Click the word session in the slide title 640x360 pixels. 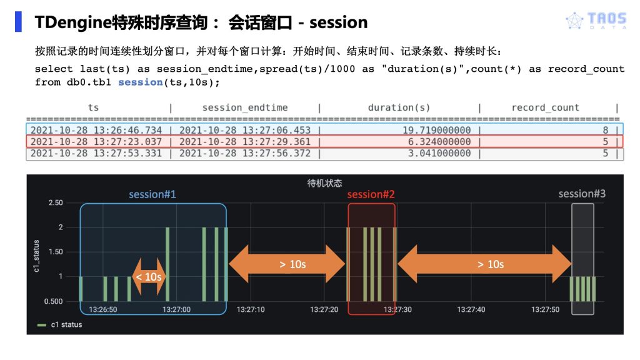[338, 23]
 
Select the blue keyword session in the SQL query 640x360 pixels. [140, 82]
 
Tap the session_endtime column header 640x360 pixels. [245, 107]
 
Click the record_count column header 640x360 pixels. [545, 107]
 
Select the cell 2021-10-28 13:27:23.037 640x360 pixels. [96, 142]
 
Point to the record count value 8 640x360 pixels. [605, 130]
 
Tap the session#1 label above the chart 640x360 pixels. [152, 194]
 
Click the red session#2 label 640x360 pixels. [371, 194]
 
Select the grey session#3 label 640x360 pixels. [582, 194]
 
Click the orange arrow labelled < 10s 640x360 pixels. [149, 276]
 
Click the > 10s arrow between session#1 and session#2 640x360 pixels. [287, 264]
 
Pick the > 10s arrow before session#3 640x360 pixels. [484, 264]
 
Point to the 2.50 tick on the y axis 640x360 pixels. [55, 203]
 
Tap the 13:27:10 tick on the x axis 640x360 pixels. [251, 309]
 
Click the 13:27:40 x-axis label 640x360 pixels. [471, 309]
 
